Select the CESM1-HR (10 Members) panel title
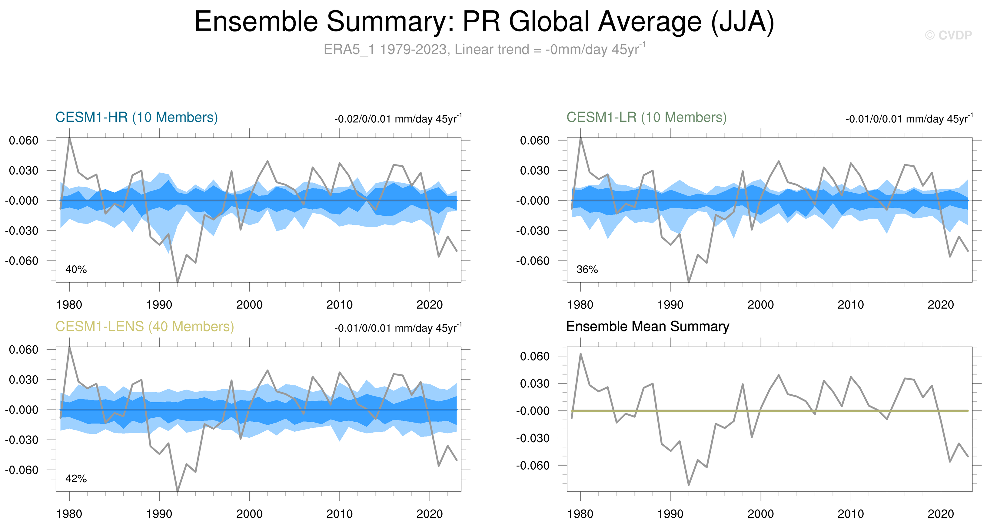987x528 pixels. (x=136, y=117)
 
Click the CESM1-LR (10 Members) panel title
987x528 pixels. (x=646, y=117)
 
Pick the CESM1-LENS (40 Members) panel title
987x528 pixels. (x=145, y=327)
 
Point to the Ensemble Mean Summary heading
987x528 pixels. (x=647, y=327)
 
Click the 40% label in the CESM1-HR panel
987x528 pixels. (x=76, y=269)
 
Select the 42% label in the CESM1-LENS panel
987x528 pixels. (x=76, y=479)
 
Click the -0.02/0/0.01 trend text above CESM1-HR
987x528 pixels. (x=398, y=119)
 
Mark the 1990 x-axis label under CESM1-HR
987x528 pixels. (x=159, y=305)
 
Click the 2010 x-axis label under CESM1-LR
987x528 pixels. (x=851, y=305)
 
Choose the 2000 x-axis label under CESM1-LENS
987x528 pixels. (x=249, y=514)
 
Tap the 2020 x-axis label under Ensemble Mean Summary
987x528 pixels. (x=941, y=514)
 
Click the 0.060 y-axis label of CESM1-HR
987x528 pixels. (x=24, y=141)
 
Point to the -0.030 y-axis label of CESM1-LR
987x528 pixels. (x=533, y=231)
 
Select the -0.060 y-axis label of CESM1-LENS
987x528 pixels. (x=22, y=470)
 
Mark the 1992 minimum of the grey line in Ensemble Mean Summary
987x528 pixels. (x=689, y=485)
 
